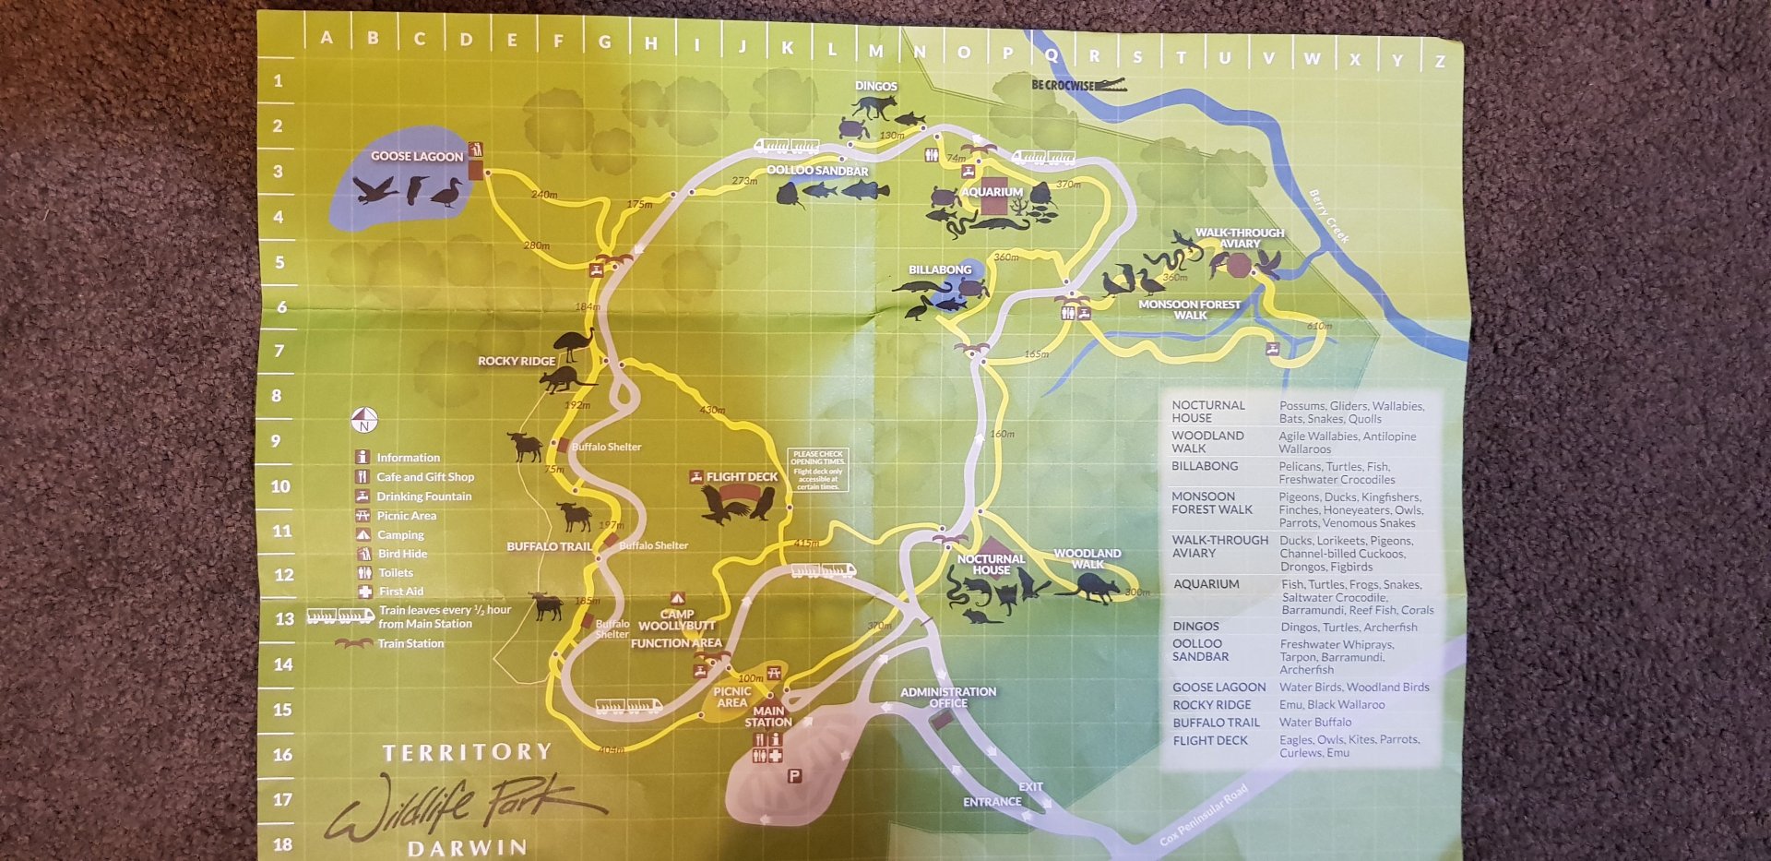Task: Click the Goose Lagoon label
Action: click(417, 157)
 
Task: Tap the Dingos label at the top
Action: click(875, 86)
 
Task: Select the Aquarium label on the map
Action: click(992, 192)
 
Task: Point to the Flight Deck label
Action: click(742, 477)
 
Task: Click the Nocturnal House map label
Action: click(991, 564)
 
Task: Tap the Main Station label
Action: click(768, 716)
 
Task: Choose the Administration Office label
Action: click(948, 697)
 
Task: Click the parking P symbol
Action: click(794, 776)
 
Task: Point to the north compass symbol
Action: click(364, 420)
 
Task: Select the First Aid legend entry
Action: click(400, 592)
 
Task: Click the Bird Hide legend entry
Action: click(402, 554)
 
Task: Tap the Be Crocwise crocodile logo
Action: click(1078, 85)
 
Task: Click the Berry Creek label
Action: click(1329, 216)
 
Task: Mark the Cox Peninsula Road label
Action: click(1204, 815)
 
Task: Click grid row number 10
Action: click(280, 486)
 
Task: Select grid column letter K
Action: click(787, 48)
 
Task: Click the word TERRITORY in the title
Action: click(467, 753)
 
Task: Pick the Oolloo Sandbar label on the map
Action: click(817, 171)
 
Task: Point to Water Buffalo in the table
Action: click(1315, 723)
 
